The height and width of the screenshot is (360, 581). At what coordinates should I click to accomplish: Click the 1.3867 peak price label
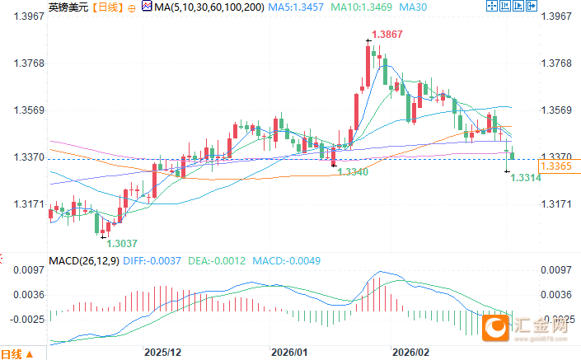[x=387, y=35]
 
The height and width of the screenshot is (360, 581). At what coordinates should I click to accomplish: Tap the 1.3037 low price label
[x=122, y=243]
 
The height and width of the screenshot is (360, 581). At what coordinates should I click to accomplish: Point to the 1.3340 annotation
[x=353, y=171]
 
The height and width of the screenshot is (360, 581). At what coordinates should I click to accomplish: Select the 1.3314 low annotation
[x=526, y=178]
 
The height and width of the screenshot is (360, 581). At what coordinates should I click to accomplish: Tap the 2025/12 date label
[x=162, y=351]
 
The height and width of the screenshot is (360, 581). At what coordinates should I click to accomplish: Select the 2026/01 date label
[x=290, y=351]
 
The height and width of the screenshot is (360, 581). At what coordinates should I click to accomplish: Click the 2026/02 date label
[x=412, y=351]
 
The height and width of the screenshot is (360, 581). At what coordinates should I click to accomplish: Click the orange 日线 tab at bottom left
[x=11, y=353]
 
